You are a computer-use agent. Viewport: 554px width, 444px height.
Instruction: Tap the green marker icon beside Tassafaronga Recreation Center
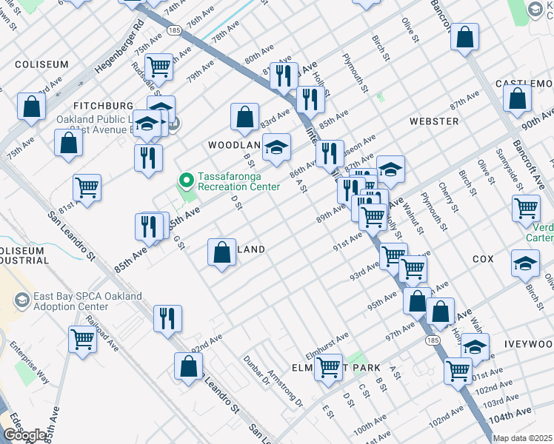[186, 180]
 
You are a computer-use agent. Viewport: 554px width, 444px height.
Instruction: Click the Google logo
[26, 436]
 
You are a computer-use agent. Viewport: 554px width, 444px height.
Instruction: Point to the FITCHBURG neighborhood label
[102, 106]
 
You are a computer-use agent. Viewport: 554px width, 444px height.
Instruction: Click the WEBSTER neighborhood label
[433, 121]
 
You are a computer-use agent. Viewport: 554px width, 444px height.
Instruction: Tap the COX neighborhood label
[482, 260]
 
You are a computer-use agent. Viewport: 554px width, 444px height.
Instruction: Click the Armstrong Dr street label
[286, 389]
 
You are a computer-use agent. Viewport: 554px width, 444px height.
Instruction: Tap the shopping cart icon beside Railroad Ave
[83, 340]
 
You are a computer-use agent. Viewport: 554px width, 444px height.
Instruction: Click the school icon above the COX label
[525, 263]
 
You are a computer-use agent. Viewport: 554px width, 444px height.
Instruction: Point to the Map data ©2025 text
[522, 438]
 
